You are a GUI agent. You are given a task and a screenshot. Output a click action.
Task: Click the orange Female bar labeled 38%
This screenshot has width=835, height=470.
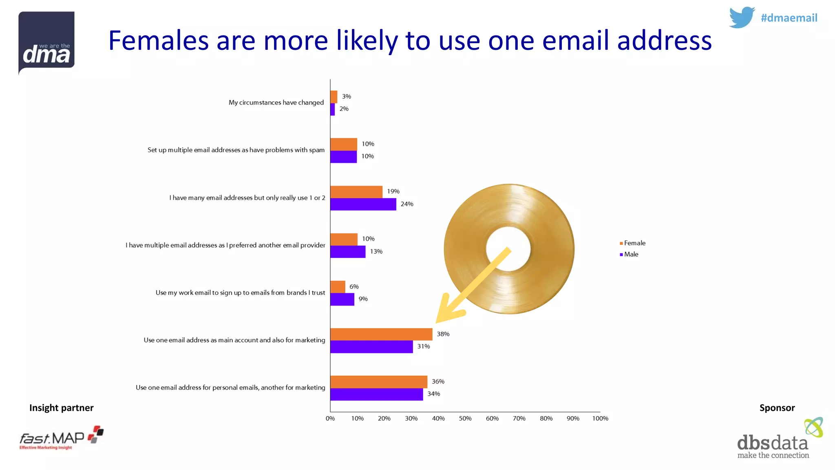381,334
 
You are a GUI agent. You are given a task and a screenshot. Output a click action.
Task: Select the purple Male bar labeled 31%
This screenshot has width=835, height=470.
371,347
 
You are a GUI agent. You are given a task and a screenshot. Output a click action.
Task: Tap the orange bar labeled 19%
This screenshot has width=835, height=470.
356,192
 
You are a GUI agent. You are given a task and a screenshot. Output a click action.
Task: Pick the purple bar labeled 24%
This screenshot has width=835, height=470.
363,204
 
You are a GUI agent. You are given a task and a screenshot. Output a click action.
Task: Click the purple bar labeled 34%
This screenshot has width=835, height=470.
376,394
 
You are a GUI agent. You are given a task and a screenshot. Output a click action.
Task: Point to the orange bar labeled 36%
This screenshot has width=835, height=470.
379,382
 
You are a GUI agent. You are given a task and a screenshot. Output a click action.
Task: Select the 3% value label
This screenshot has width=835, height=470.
347,97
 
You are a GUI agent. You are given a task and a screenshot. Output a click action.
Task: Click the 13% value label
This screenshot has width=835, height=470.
376,252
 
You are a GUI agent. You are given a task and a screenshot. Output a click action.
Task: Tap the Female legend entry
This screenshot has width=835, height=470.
632,243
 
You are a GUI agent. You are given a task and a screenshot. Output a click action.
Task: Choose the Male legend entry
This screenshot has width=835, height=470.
629,254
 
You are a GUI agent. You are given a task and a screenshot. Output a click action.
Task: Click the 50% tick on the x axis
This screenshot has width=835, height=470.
465,419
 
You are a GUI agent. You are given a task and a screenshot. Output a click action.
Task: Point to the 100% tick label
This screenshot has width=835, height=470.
600,419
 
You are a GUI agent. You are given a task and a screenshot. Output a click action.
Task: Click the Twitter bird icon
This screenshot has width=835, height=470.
742,18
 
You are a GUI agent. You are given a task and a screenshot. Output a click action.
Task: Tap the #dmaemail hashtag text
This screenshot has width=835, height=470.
789,18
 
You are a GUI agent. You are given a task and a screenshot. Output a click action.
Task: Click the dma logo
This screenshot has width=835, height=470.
46,43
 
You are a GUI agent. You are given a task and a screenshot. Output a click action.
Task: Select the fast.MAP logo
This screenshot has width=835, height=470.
61,438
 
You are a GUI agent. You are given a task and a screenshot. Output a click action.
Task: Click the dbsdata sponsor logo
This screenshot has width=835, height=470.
779,439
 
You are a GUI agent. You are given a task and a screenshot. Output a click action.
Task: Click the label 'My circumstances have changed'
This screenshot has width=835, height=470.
276,102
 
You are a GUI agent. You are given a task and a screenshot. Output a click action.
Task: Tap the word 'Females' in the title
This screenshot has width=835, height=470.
159,40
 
